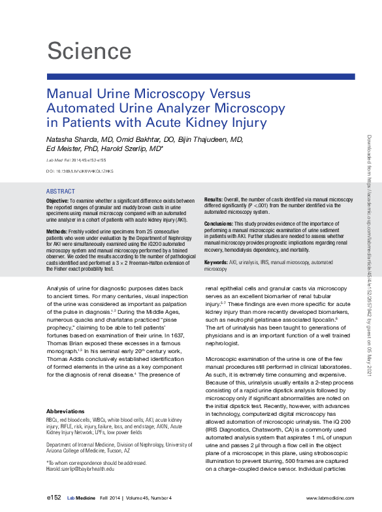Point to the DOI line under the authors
(80, 171)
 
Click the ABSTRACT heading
(61, 192)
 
